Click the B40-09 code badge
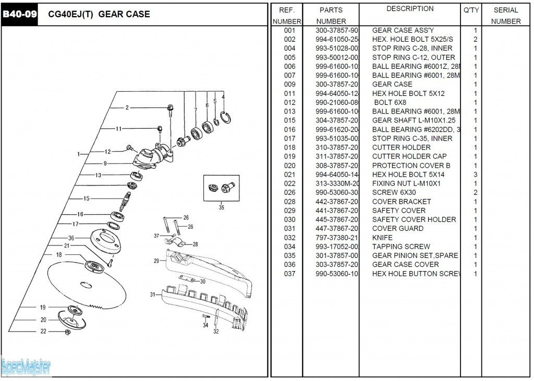click(20, 14)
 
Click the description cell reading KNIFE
click(382, 238)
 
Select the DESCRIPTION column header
click(410, 9)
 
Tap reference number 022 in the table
click(290, 183)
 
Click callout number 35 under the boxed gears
click(222, 207)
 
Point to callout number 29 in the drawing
click(156, 261)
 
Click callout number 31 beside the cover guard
click(153, 294)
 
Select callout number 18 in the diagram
click(59, 254)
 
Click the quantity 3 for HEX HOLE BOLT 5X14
click(475, 175)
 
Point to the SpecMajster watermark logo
click(26, 367)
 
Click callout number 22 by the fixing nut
click(43, 331)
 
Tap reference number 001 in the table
click(290, 30)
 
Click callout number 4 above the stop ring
click(223, 97)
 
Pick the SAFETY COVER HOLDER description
click(414, 219)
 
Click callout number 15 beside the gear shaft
click(87, 198)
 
